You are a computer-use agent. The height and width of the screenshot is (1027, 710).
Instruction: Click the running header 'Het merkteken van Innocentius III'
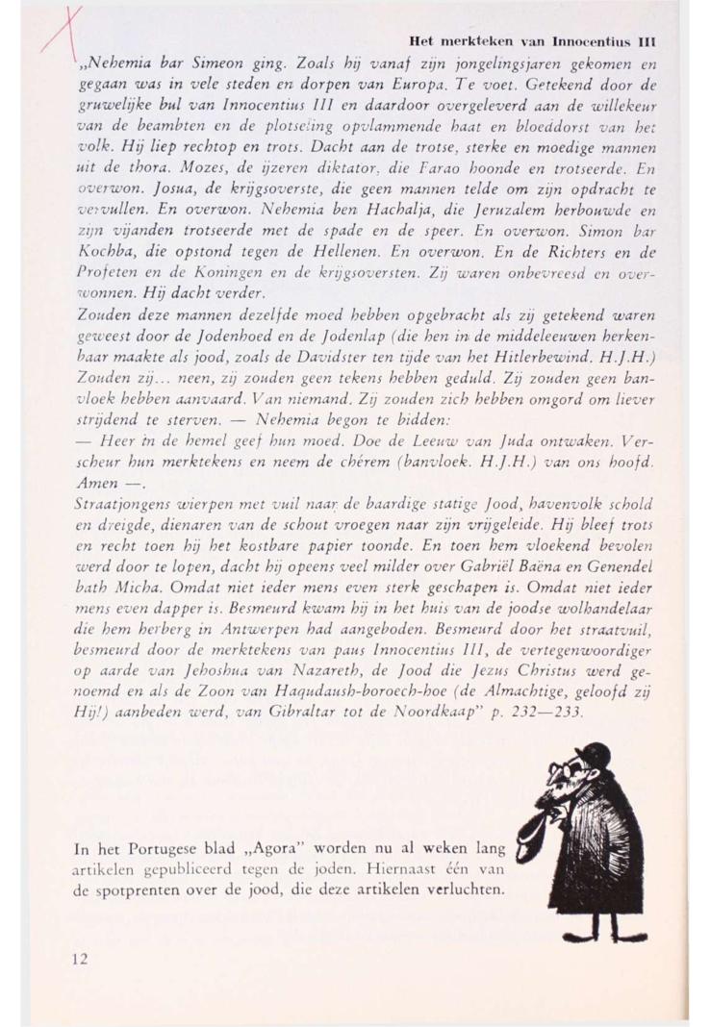[x=532, y=41]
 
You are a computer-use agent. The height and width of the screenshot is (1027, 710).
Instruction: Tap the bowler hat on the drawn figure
[x=597, y=754]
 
